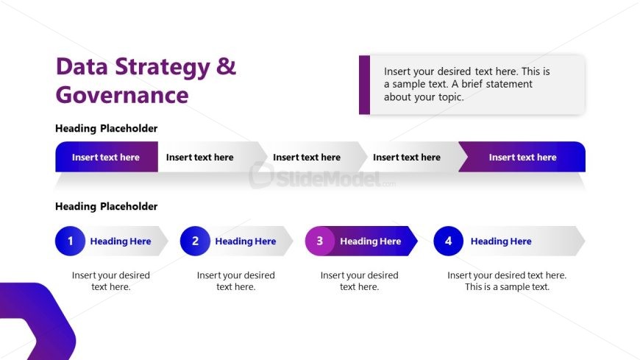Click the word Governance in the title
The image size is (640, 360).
[x=122, y=95]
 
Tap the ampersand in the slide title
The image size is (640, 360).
[x=226, y=67]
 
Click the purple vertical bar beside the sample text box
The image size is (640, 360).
[x=364, y=85]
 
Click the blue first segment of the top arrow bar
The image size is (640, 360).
[x=106, y=157]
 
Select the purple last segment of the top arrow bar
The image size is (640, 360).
[x=522, y=157]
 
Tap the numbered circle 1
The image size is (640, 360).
[x=71, y=241]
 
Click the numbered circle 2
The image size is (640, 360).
[x=195, y=241]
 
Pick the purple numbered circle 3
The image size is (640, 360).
[x=320, y=241]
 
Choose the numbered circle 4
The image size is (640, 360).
[x=448, y=241]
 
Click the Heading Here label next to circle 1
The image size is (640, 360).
[x=121, y=241]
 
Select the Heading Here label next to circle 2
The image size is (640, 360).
[x=246, y=241]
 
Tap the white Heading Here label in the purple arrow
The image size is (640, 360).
[x=370, y=241]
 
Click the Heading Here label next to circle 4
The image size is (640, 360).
[x=501, y=241]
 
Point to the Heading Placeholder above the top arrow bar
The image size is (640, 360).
[x=106, y=129]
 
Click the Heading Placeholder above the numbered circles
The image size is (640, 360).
[x=106, y=207]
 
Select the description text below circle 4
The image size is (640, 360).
[x=507, y=281]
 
